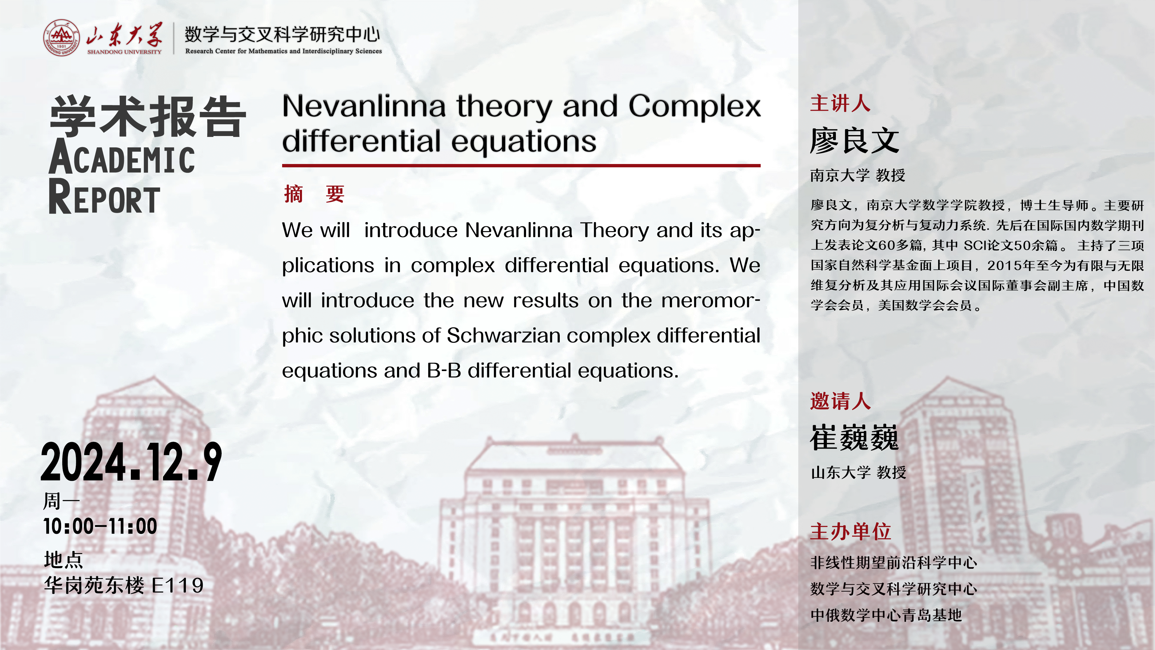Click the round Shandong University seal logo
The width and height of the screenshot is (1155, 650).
click(x=61, y=38)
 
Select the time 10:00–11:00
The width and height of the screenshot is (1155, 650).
click(x=100, y=526)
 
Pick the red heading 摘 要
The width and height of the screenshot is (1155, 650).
click(x=314, y=194)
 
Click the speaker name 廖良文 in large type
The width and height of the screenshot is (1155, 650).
click(x=855, y=141)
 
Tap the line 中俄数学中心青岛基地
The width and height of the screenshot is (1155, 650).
click(x=886, y=615)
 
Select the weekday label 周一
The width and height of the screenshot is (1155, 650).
click(x=61, y=501)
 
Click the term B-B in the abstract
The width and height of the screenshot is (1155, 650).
click(x=444, y=370)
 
